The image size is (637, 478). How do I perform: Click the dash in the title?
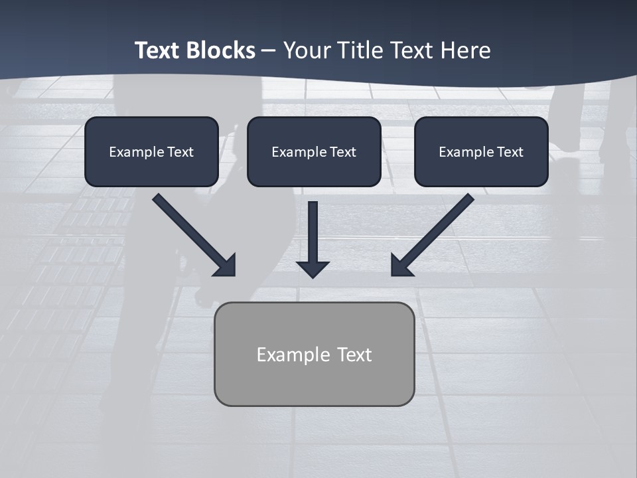pyautogui.click(x=269, y=50)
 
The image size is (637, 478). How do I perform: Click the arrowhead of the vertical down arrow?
pyautogui.click(x=313, y=268)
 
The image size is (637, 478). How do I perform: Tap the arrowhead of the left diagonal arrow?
pyautogui.click(x=226, y=266)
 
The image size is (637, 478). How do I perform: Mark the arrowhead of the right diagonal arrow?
pyautogui.click(x=400, y=266)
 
